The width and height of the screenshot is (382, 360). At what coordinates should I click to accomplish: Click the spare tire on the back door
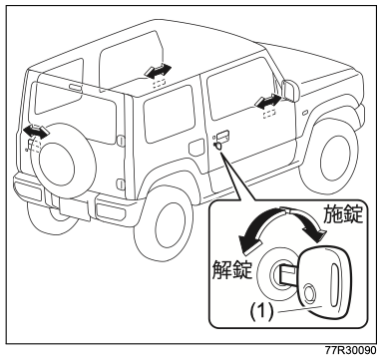tap(63, 161)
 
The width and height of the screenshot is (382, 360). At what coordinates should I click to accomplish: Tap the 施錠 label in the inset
tap(343, 213)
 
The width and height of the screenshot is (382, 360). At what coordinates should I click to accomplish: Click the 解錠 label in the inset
tap(232, 268)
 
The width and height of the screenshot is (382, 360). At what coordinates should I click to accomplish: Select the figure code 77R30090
tap(350, 351)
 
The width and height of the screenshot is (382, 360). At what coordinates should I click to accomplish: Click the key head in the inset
tap(323, 283)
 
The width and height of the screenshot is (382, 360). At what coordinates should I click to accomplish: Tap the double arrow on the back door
tap(36, 132)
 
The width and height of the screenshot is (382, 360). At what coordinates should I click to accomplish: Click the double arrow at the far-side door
tap(159, 71)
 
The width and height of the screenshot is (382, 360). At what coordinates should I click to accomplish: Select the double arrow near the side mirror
tap(268, 101)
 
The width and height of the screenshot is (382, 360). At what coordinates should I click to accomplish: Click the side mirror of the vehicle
tap(290, 91)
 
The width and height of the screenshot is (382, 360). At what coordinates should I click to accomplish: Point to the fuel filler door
tap(196, 148)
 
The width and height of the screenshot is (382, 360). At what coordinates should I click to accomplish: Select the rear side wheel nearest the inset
tap(164, 223)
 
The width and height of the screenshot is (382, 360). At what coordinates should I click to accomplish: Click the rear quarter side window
tap(169, 114)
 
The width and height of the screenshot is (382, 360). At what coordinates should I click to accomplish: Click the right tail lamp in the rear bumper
tap(111, 209)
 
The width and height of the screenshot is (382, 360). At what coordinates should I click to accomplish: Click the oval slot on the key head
tap(333, 278)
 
